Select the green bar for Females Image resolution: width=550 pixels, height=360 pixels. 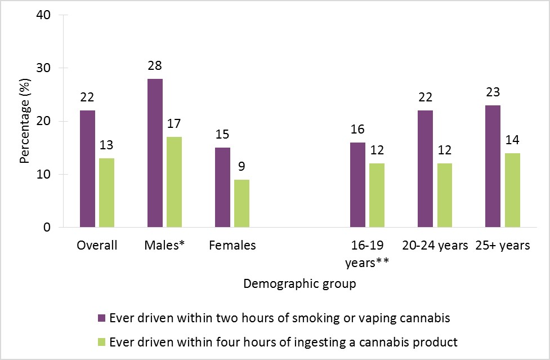pos(242,203)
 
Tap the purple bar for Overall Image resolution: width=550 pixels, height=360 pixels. pos(87,169)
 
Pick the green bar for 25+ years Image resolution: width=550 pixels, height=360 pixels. pos(512,190)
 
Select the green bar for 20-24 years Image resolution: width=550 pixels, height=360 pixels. pos(444,195)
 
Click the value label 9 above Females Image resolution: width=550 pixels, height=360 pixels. pos(242,166)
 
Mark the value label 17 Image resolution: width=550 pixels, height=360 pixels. pos(174,123)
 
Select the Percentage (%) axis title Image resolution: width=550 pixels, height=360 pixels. pos(24,121)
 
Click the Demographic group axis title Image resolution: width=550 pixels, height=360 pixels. pos(299,284)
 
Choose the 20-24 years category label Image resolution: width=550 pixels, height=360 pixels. pos(435,246)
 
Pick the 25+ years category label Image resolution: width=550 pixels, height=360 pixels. pos(502,246)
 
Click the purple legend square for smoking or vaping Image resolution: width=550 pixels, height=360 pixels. pos(101,318)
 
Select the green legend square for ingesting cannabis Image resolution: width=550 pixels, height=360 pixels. pos(101,342)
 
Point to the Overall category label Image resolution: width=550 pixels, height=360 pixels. pos(97,246)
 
